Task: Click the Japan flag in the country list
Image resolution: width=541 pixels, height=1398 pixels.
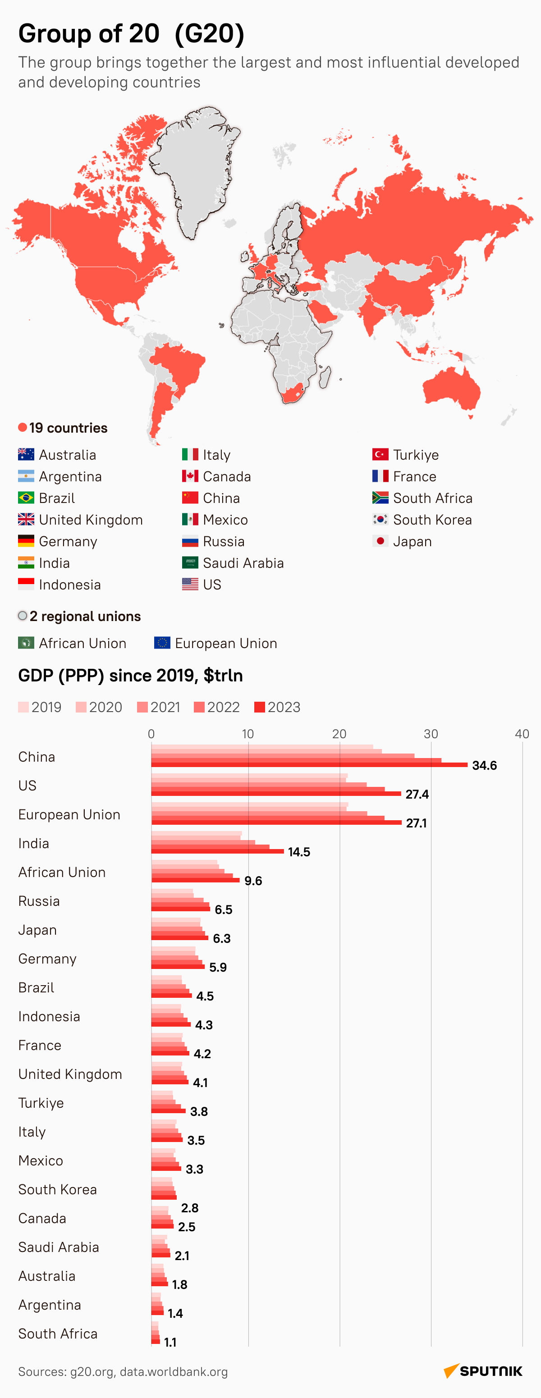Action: [x=380, y=541]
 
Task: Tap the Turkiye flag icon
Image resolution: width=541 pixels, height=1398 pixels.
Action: [x=380, y=454]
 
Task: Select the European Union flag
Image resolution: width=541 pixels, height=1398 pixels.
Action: [x=162, y=643]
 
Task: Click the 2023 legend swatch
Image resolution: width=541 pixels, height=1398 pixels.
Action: [x=259, y=707]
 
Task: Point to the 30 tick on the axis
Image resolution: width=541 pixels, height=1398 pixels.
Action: [x=431, y=734]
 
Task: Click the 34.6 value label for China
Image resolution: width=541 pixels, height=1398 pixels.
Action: [x=484, y=765]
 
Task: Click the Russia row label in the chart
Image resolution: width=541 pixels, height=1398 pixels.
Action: [x=39, y=901]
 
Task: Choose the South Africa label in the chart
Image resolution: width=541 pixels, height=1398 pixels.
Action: [x=58, y=1334]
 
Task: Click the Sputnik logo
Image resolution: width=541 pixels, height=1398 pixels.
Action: [x=483, y=1371]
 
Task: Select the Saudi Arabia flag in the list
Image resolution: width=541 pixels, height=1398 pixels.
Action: [x=190, y=563]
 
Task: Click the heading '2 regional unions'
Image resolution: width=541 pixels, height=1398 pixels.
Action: [x=85, y=616]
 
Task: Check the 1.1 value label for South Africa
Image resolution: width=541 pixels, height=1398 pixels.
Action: [x=170, y=1342]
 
